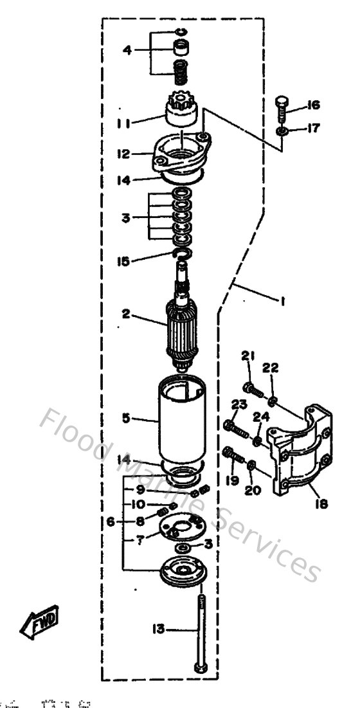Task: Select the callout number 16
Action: click(314, 105)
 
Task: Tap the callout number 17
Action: click(313, 129)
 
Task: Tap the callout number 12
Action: click(125, 154)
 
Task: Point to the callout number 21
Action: click(248, 356)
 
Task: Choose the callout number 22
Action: click(270, 367)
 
